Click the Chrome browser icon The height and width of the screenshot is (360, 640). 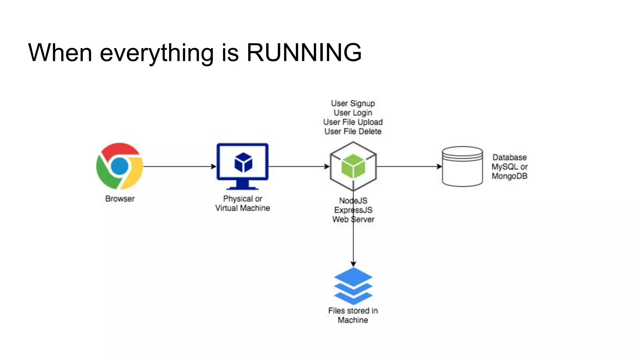(120, 166)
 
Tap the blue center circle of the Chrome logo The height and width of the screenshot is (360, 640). (120, 166)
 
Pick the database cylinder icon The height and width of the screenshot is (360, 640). (462, 166)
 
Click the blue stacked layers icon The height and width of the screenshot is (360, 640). (353, 286)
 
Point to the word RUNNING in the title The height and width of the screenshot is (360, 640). (304, 52)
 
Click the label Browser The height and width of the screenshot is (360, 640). (120, 199)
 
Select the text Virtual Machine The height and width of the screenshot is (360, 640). (242, 208)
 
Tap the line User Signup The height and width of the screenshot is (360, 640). (353, 103)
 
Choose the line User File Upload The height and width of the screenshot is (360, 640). (353, 122)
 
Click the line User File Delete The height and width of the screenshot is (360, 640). (353, 132)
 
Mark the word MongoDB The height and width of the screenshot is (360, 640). (509, 176)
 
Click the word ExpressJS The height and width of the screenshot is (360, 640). (353, 210)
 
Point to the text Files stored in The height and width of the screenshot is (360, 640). (353, 311)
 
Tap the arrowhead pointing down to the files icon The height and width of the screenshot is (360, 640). (353, 264)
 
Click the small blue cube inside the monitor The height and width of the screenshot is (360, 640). (243, 162)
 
